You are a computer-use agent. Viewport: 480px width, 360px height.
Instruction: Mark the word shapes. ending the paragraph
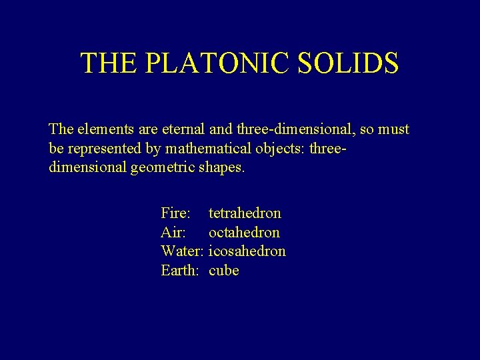tap(222, 167)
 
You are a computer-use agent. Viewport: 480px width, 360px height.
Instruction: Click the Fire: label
tap(176, 213)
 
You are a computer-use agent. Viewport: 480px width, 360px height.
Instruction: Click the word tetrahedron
tap(245, 213)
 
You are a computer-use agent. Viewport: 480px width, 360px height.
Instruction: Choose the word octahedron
tap(244, 233)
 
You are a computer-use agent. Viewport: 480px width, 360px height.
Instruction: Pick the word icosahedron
tap(247, 251)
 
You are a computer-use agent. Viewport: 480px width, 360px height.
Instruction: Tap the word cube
tap(223, 271)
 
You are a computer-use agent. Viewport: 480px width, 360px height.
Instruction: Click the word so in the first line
tap(366, 129)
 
